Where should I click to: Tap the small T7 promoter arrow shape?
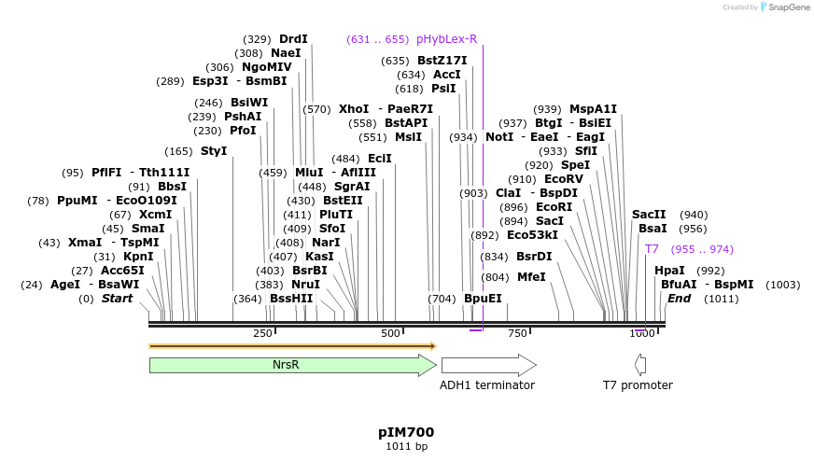639,365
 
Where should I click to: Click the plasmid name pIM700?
406,432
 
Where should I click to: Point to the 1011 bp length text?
406,446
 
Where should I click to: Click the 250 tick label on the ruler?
262,333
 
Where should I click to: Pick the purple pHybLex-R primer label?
446,39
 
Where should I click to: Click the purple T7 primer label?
652,249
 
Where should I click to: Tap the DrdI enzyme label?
293,39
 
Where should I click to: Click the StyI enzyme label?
214,151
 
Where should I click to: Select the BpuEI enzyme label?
483,299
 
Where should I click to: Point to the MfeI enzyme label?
531,277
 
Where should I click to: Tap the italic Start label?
117,299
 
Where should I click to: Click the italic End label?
679,299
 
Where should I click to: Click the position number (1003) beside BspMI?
782,285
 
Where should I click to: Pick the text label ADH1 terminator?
486,384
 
